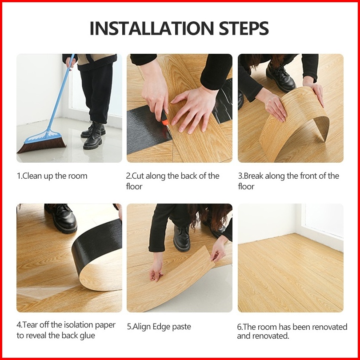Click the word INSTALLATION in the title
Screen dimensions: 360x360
click(x=152, y=28)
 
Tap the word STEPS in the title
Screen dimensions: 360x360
click(x=244, y=28)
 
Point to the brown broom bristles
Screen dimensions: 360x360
click(x=42, y=144)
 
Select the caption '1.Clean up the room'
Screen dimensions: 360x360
click(x=52, y=176)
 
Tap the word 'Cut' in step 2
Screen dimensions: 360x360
click(x=137, y=176)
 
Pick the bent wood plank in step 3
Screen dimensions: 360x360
click(x=294, y=124)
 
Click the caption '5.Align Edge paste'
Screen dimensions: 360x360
click(x=159, y=327)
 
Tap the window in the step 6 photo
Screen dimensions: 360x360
click(x=324, y=220)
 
